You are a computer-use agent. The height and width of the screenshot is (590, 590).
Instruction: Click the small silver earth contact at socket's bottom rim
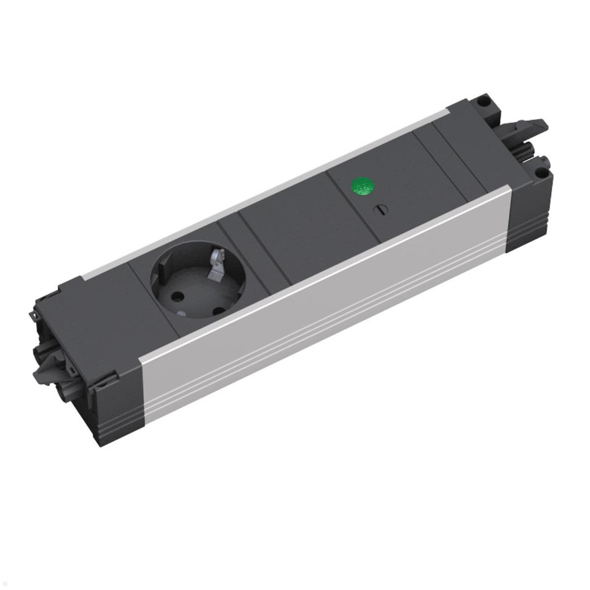[x=181, y=315]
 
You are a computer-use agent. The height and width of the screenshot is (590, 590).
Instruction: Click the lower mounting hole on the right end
[x=540, y=173]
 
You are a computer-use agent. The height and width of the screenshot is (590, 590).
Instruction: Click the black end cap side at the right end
[x=526, y=216]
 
